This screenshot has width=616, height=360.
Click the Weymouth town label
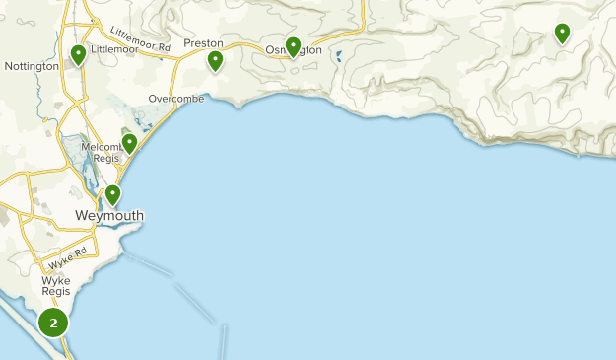pyautogui.click(x=109, y=216)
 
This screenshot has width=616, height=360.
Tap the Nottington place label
pyautogui.click(x=32, y=66)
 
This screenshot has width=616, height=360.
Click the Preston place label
pyautogui.click(x=203, y=43)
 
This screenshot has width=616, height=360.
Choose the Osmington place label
pyautogui.click(x=296, y=50)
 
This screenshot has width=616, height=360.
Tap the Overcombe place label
pyautogui.click(x=177, y=99)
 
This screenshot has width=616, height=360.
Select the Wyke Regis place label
pyautogui.click(x=56, y=286)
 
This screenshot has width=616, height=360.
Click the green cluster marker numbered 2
pyautogui.click(x=53, y=323)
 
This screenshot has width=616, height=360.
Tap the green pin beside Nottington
pyautogui.click(x=78, y=55)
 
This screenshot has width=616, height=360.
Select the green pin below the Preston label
pyautogui.click(x=215, y=61)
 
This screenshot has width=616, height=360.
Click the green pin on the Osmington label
pyautogui.click(x=293, y=45)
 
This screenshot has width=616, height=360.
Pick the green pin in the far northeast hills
pyautogui.click(x=562, y=33)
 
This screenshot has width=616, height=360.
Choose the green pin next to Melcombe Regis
pyautogui.click(x=129, y=143)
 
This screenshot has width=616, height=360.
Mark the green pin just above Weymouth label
pyautogui.click(x=113, y=194)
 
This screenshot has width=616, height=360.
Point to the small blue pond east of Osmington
pyautogui.click(x=339, y=56)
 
